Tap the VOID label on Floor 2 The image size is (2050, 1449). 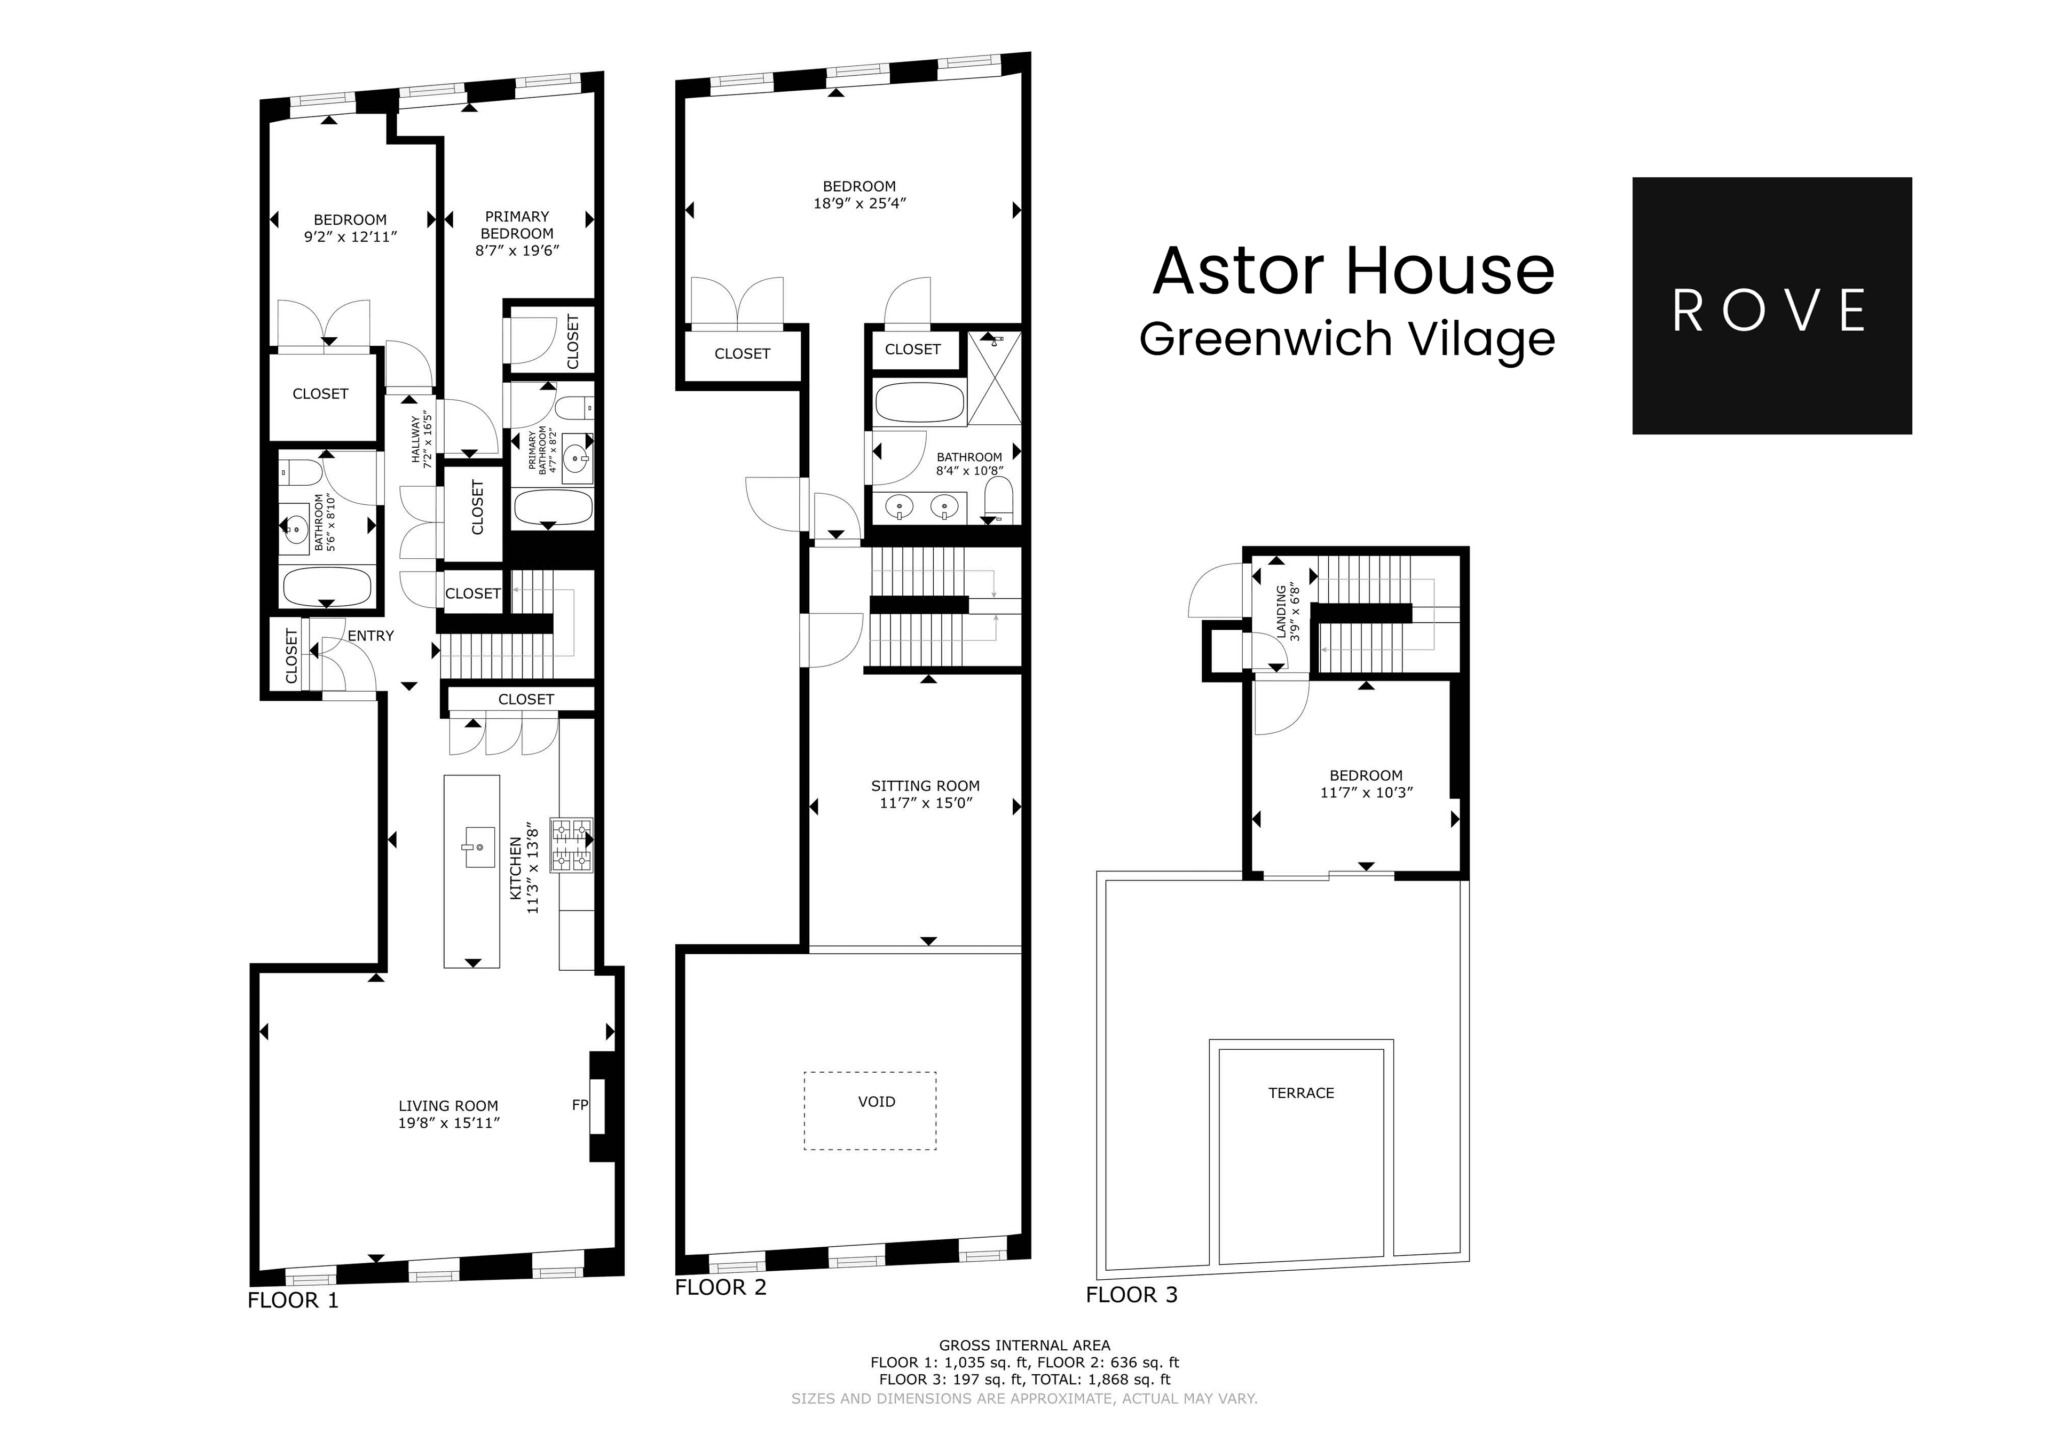point(876,1102)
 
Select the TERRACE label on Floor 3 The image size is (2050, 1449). point(1301,1093)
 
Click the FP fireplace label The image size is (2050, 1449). point(579,1105)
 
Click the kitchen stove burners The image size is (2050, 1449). point(571,844)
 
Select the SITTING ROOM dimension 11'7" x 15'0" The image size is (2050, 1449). point(925,803)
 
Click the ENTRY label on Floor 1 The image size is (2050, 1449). point(370,636)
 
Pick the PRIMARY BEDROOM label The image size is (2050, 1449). point(517,225)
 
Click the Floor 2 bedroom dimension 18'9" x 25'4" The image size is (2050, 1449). point(859,203)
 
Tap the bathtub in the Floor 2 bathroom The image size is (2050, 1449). point(920,402)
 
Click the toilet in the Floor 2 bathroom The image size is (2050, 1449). point(998,497)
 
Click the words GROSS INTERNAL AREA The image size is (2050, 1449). point(1024,1344)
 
